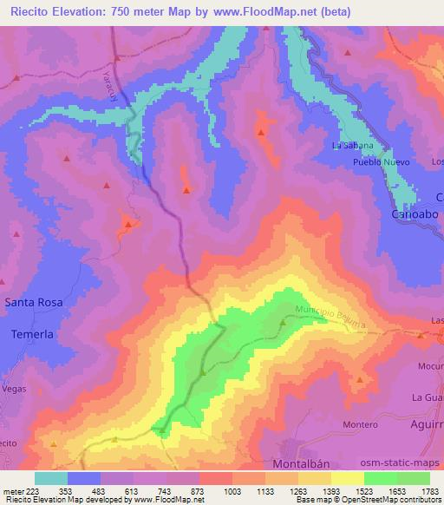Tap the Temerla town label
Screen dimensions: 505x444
[32, 334]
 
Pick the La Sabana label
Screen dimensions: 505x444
[353, 145]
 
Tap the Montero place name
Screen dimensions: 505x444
[361, 424]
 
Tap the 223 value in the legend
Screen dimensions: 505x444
[34, 492]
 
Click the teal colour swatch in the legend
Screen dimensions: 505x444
[51, 478]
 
